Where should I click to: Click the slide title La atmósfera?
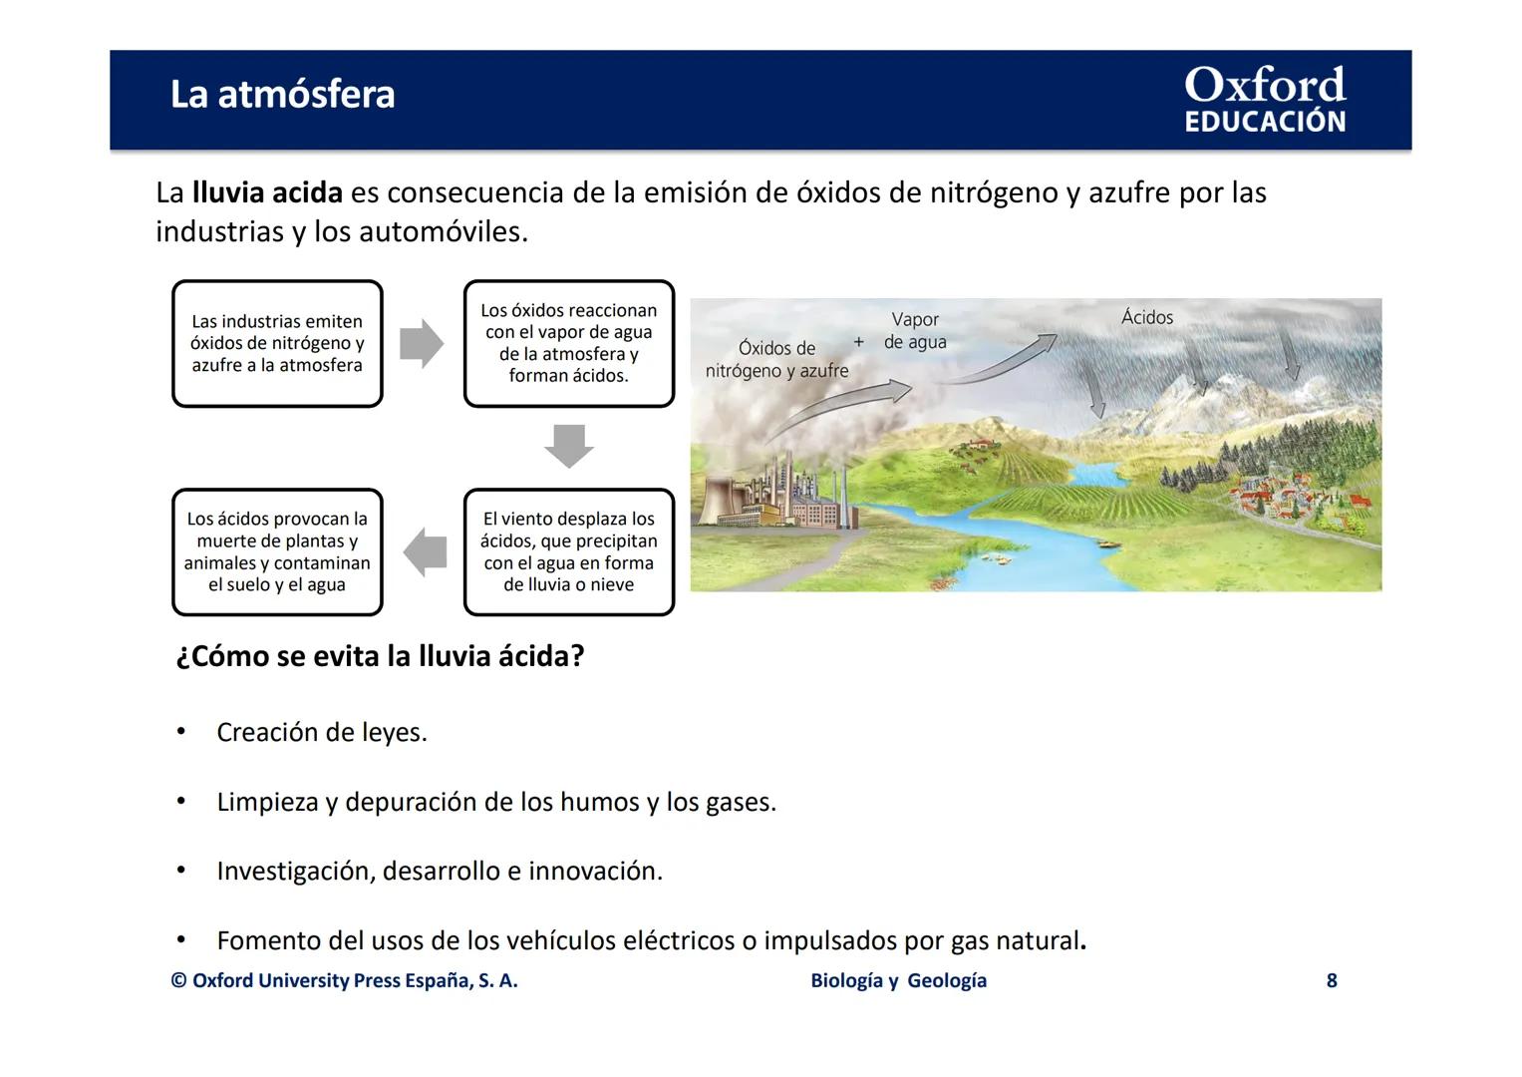point(282,95)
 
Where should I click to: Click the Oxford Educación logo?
point(1264,100)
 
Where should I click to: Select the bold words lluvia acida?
point(267,192)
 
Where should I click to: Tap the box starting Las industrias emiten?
point(277,344)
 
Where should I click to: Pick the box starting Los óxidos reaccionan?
point(568,344)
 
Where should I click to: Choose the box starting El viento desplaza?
point(568,551)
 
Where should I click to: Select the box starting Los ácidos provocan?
point(277,551)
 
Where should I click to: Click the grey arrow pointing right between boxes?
point(421,344)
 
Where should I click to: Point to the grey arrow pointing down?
point(569,445)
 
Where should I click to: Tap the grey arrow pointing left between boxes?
point(426,551)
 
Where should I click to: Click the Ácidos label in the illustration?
point(1147,317)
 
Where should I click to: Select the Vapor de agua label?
point(915,331)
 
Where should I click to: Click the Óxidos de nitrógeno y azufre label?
point(776,359)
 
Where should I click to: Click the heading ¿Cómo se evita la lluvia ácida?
point(380,656)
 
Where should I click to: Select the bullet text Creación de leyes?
point(322,733)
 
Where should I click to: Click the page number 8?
point(1331,980)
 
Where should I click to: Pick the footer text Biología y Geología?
point(898,980)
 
